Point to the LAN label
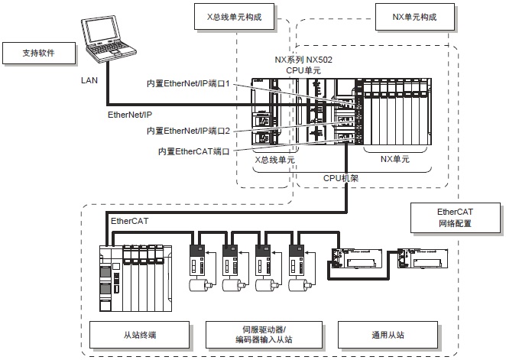(x=88, y=79)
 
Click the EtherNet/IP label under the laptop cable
(x=131, y=113)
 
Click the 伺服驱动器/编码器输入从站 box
(x=262, y=334)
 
